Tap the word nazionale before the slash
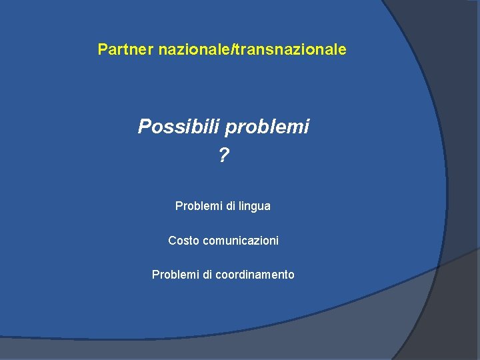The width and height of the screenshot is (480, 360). click(x=194, y=49)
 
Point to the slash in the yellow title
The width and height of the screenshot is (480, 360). click(x=231, y=49)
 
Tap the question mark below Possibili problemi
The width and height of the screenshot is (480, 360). click(x=223, y=156)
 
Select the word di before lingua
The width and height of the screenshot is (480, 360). click(x=231, y=206)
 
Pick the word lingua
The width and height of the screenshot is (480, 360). click(x=255, y=207)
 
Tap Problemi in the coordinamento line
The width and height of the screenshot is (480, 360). click(x=175, y=274)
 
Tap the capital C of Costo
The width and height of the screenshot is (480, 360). click(x=172, y=240)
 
